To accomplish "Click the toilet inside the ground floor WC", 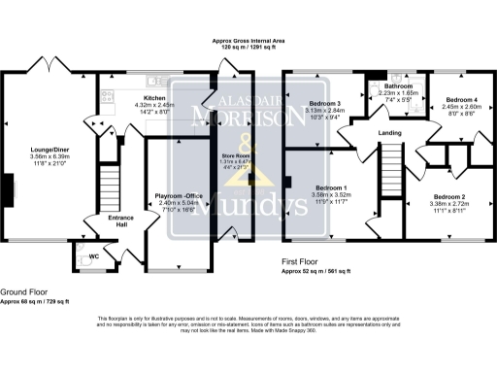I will [78, 255].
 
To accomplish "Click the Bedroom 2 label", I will [448, 197].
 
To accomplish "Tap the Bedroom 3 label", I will [325, 103].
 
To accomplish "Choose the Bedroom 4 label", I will [461, 100].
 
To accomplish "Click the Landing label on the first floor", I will [389, 133].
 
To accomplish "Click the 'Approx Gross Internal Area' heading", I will [248, 41].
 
